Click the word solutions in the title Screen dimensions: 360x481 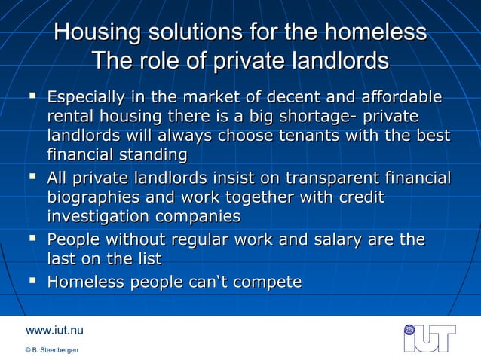(x=197, y=33)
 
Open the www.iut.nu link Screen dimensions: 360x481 (x=54, y=330)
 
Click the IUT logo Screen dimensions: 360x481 (x=429, y=337)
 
